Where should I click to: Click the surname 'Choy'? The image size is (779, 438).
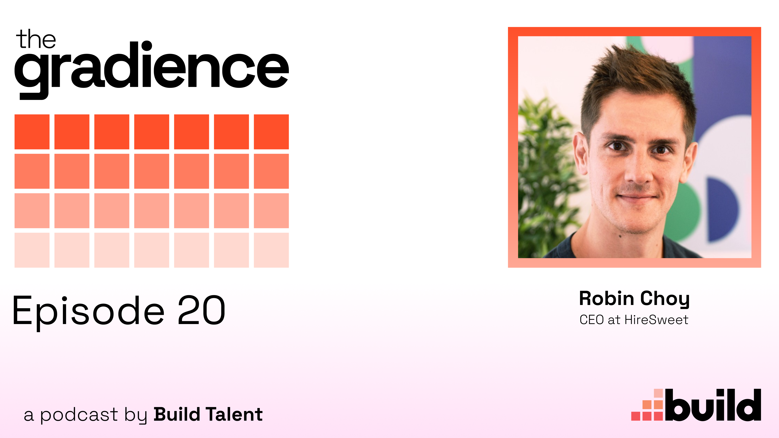coord(665,299)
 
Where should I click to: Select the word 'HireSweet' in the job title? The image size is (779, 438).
coord(656,320)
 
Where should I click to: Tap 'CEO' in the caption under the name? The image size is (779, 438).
coord(592,320)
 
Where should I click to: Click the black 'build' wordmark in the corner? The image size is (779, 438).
coord(713,405)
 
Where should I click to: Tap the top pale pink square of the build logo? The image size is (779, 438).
coord(658,393)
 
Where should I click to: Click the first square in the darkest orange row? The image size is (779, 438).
coord(32,132)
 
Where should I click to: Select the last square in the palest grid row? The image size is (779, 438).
coord(271,250)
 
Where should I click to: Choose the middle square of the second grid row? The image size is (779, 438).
coord(152,171)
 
